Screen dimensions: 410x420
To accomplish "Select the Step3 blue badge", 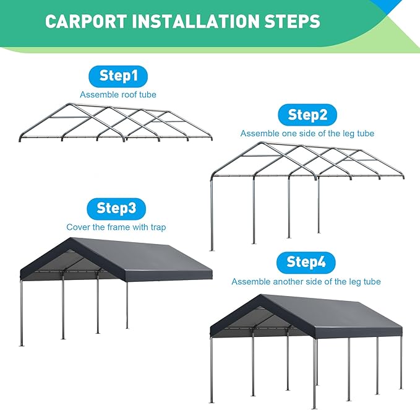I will point(116,209).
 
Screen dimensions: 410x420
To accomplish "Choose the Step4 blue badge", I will point(306,263).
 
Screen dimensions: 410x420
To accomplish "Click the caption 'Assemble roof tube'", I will point(118,95).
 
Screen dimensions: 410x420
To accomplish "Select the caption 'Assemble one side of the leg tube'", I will point(307,133).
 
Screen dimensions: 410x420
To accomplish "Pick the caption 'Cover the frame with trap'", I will point(116,227).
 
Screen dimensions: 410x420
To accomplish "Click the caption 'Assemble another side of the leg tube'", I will point(306,282).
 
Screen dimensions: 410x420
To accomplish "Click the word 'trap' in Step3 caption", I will point(157,227).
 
